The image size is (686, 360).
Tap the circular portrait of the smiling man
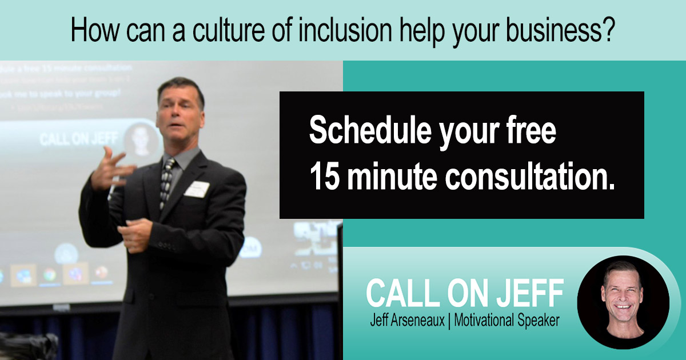pos(623,301)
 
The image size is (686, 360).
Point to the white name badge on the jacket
pos(197,188)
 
